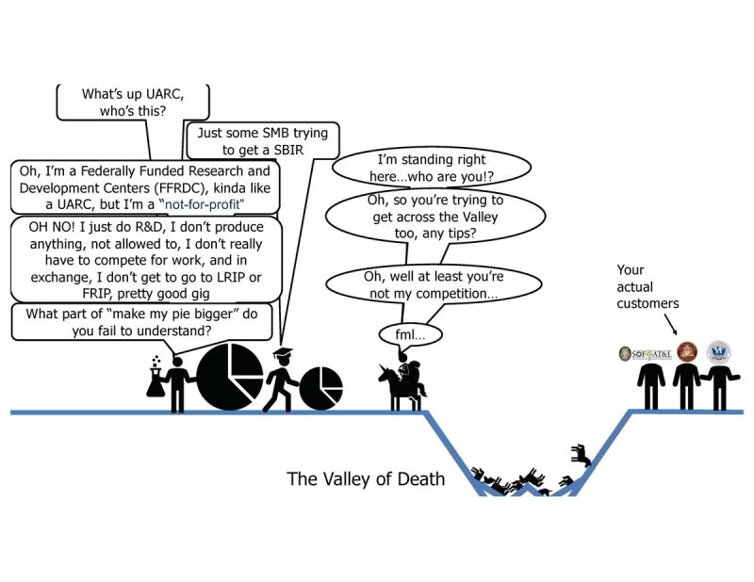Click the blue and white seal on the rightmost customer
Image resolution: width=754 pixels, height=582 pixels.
coord(718,353)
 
